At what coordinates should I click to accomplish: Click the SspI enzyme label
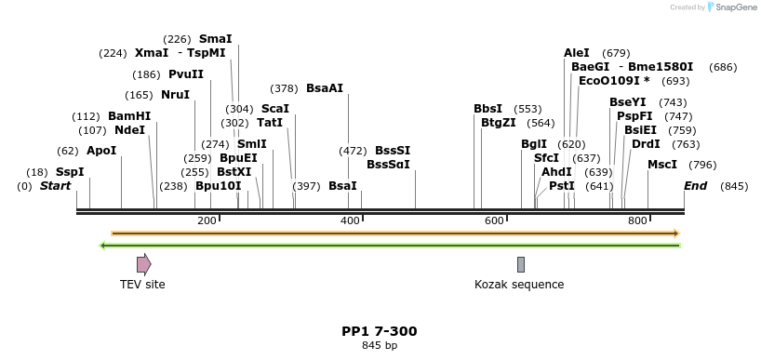tap(70, 172)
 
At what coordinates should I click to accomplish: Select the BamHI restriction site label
tap(129, 116)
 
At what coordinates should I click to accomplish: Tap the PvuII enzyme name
tap(186, 74)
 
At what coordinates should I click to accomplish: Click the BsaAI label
tap(325, 88)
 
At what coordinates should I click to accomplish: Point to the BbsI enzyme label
tap(487, 109)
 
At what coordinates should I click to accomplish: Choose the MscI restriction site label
tap(662, 165)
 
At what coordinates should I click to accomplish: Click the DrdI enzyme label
tap(646, 144)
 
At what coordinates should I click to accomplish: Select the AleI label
tap(577, 53)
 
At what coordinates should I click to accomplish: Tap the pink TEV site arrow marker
tap(143, 264)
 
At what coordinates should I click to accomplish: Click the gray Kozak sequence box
tap(521, 264)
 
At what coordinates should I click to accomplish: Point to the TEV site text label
tap(142, 285)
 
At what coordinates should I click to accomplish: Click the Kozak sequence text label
tap(519, 285)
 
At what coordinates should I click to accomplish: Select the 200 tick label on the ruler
tap(207, 220)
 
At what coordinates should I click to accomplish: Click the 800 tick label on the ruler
tap(637, 220)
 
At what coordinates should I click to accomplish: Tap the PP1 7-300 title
tap(380, 331)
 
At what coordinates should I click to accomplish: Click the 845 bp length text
tap(380, 346)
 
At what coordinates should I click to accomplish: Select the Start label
tap(55, 186)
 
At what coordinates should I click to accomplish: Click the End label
tap(695, 186)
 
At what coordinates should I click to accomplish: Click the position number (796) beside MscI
tap(703, 166)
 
